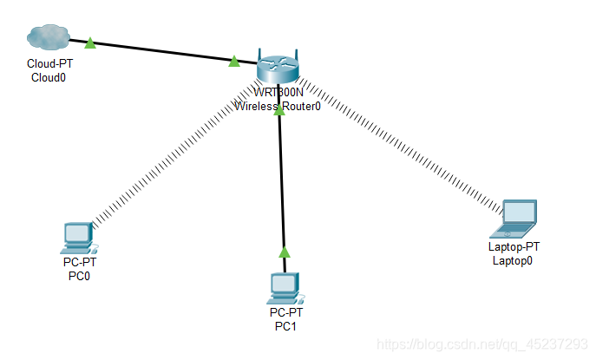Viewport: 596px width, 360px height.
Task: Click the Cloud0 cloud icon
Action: (x=47, y=37)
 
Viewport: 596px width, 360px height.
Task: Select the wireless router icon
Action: (x=278, y=67)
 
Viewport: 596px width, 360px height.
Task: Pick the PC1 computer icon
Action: (x=284, y=285)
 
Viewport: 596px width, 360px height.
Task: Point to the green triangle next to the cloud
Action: (x=89, y=42)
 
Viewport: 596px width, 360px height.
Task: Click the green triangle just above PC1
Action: (x=283, y=252)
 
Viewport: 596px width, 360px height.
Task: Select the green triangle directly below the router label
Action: (x=278, y=111)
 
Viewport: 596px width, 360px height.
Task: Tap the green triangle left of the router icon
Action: (x=233, y=61)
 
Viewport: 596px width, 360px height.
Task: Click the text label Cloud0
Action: (x=49, y=77)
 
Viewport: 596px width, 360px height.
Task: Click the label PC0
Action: (x=79, y=277)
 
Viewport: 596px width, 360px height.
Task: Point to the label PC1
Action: (x=285, y=325)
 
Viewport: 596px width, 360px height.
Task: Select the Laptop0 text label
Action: (x=513, y=259)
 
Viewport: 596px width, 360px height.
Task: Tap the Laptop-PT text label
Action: (x=514, y=247)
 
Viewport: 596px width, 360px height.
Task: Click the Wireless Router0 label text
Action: (x=278, y=107)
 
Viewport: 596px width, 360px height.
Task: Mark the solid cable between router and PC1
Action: (x=281, y=182)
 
